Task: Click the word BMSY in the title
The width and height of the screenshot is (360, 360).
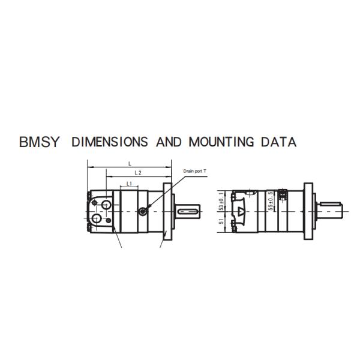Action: point(40,142)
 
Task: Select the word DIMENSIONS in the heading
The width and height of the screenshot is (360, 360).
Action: point(109,142)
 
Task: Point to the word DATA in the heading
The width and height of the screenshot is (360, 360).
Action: point(277,142)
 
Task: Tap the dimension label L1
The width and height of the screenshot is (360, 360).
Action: point(129,183)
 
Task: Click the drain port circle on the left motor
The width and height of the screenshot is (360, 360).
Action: point(143,211)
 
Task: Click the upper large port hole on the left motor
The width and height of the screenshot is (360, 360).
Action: point(106,205)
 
